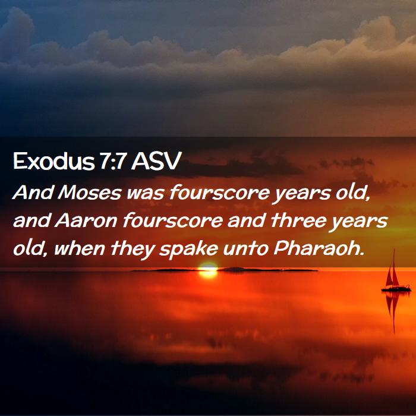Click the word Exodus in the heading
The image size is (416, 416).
(x=54, y=161)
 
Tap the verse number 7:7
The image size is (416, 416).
(x=112, y=161)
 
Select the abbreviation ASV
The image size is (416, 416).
(x=156, y=161)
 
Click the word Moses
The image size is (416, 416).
(x=90, y=193)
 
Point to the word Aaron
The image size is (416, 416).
(x=86, y=220)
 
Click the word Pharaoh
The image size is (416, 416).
(x=319, y=248)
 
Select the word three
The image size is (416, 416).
(x=298, y=220)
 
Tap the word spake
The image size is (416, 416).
(x=188, y=250)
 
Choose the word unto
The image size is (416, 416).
(x=245, y=250)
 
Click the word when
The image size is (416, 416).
(x=79, y=248)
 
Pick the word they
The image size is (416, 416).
(x=133, y=250)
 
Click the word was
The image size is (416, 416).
(x=145, y=194)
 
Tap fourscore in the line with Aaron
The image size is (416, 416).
(x=172, y=220)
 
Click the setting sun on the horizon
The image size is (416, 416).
(x=208, y=270)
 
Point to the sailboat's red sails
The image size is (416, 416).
(x=392, y=273)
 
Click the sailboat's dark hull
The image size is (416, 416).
(x=396, y=289)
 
